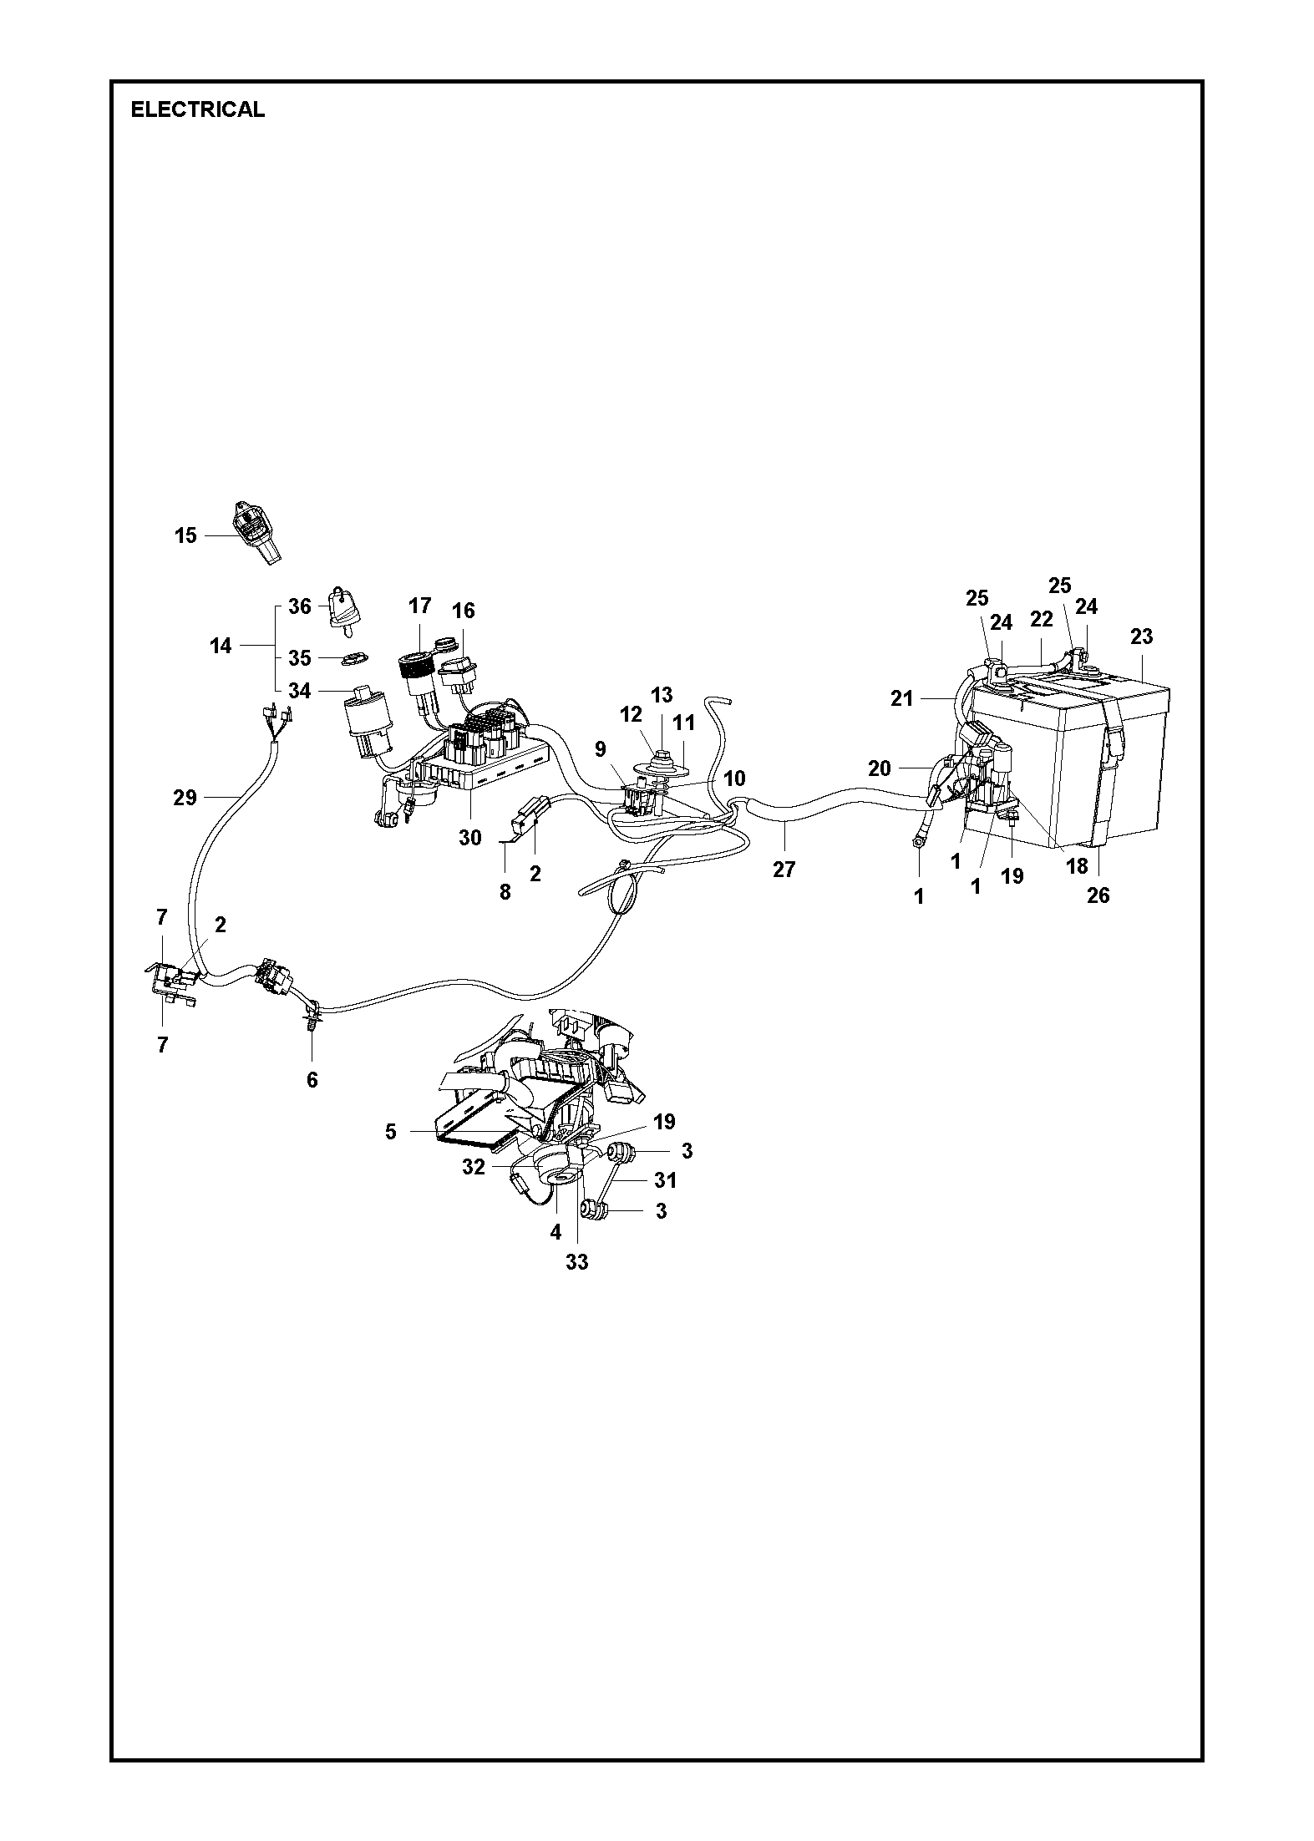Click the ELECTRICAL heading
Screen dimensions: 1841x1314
click(x=197, y=109)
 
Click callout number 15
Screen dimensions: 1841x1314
click(x=185, y=535)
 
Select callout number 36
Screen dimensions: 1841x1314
click(x=299, y=606)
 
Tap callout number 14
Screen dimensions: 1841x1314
click(x=221, y=646)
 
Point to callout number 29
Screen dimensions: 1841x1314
click(x=185, y=798)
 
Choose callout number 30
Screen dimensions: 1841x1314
click(x=470, y=837)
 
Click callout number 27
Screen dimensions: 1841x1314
click(x=784, y=870)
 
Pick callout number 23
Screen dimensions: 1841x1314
click(x=1141, y=636)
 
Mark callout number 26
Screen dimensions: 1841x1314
click(x=1098, y=895)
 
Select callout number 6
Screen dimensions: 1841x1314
click(x=312, y=1080)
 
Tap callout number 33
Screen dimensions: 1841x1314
click(x=577, y=1261)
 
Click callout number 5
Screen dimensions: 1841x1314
click(x=391, y=1132)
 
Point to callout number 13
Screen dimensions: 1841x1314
click(x=662, y=694)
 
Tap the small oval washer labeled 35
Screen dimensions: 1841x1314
click(x=354, y=658)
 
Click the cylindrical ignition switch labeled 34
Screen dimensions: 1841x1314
click(x=365, y=718)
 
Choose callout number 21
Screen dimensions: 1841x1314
click(x=902, y=697)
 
